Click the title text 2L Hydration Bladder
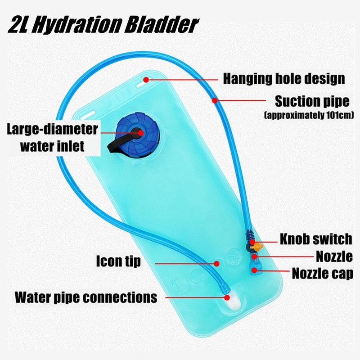pyautogui.click(x=103, y=25)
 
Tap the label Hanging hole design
pyautogui.click(x=284, y=79)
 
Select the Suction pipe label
pyautogui.click(x=312, y=100)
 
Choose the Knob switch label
pyautogui.click(x=315, y=238)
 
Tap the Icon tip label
pyautogui.click(x=118, y=261)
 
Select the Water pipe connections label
pyautogui.click(x=86, y=297)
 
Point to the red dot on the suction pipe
pyautogui.click(x=216, y=100)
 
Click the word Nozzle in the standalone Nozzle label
pyautogui.click(x=334, y=256)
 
